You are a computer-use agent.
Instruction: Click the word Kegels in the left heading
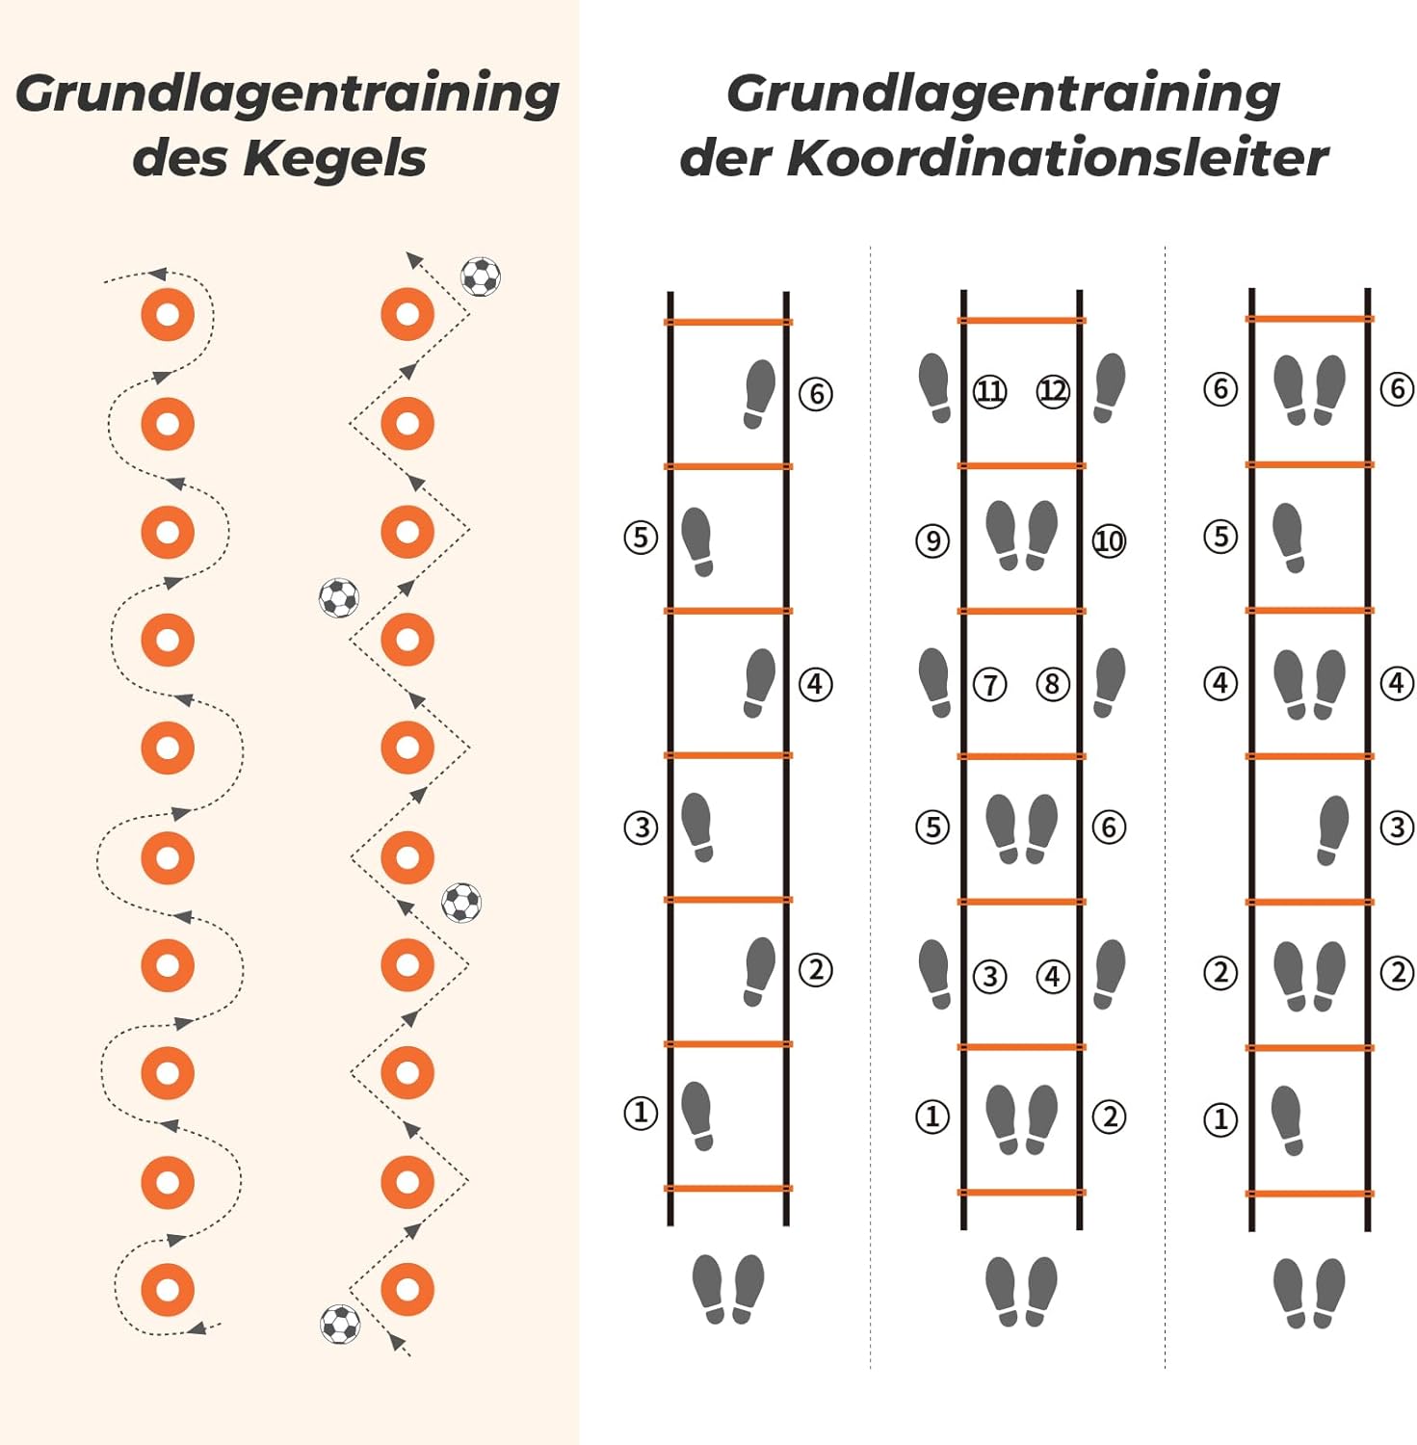[x=334, y=159]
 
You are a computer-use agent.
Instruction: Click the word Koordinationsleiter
[x=1058, y=158]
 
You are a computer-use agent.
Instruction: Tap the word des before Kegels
[x=181, y=158]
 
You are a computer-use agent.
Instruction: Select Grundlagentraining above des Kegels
[x=287, y=95]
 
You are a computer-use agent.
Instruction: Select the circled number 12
[x=1053, y=390]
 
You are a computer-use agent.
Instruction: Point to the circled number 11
[x=990, y=390]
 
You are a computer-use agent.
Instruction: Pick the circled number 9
[x=932, y=540]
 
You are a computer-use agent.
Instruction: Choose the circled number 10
[x=1109, y=540]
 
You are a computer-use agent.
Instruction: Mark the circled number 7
[x=990, y=684]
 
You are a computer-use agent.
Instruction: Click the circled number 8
[x=1053, y=684]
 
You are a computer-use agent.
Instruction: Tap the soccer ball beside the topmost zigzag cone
[x=481, y=276]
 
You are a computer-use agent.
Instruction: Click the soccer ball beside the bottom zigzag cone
[x=340, y=1324]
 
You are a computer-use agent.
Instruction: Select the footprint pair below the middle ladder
[x=1021, y=1291]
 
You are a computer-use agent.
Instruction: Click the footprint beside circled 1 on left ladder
[x=697, y=1116]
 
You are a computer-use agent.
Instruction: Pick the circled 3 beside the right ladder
[x=1398, y=827]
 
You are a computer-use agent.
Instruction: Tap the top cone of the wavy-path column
[x=168, y=314]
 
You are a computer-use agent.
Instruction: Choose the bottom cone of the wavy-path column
[x=168, y=1289]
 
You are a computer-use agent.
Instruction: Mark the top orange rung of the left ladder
[x=728, y=322]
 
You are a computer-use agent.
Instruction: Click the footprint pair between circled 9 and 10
[x=1021, y=536]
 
